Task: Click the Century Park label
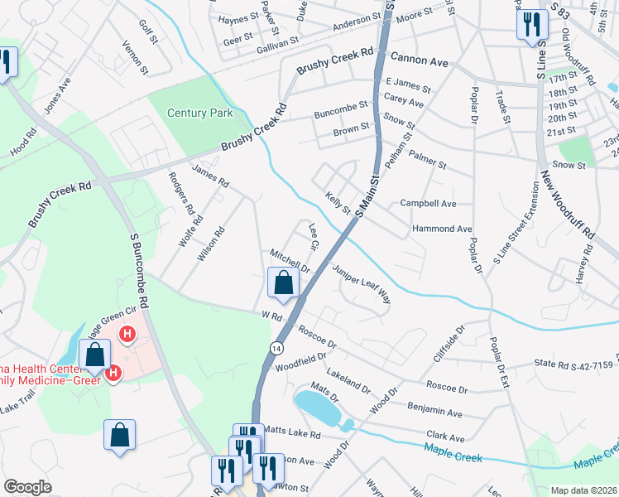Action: click(200, 113)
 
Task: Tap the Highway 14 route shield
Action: click(276, 348)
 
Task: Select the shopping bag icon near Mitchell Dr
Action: click(283, 282)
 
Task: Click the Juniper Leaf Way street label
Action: click(361, 283)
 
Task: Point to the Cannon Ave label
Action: click(419, 60)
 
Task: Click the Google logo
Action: click(27, 486)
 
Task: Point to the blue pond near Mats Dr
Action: click(316, 407)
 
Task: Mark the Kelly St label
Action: click(338, 203)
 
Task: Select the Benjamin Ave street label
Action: click(434, 410)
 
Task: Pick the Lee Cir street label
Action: click(313, 235)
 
